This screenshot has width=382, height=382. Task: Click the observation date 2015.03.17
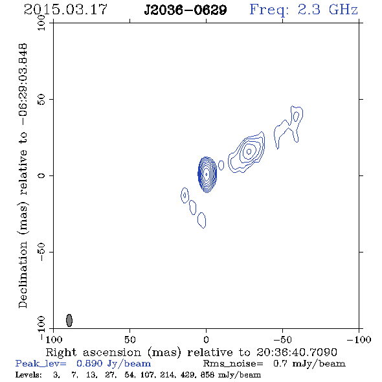click(65, 10)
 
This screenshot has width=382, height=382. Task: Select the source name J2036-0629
click(185, 10)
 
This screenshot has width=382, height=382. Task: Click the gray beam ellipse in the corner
click(69, 320)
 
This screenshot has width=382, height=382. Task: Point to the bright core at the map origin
click(207, 174)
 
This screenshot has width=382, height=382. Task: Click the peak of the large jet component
click(249, 152)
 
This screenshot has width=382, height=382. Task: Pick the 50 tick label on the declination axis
click(41, 100)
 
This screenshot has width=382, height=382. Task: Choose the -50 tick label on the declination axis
click(41, 252)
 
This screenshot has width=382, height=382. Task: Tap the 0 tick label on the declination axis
click(41, 175)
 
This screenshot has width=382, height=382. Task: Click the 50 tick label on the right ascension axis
click(129, 340)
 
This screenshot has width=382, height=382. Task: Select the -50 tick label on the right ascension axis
click(282, 340)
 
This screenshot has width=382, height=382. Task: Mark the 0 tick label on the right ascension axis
click(206, 340)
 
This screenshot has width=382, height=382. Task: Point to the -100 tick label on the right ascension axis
click(359, 340)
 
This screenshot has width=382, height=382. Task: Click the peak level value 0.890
click(90, 363)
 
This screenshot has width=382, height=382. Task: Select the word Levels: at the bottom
click(28, 375)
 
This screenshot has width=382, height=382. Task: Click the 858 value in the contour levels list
click(207, 375)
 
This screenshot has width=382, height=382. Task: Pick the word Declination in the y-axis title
click(23, 275)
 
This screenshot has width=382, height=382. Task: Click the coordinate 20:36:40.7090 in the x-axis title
click(297, 352)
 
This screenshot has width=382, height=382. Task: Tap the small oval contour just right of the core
click(221, 165)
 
